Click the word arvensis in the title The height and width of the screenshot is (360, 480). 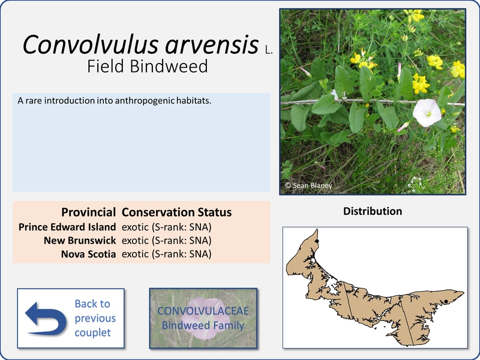(212, 44)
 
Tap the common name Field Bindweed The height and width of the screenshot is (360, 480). (147, 67)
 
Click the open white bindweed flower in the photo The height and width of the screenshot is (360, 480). (427, 113)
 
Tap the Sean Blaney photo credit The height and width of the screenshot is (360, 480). (308, 185)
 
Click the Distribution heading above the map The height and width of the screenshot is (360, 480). (373, 211)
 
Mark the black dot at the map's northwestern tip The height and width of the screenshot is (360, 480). (317, 241)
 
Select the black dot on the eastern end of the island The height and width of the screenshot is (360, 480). (446, 302)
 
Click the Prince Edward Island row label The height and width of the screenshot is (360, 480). (67, 227)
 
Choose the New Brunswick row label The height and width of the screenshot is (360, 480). (80, 241)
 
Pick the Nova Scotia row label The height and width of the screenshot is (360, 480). (88, 254)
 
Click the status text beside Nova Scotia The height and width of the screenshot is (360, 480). (167, 254)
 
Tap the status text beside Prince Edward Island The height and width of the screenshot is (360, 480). (167, 227)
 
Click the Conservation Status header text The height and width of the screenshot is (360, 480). (176, 212)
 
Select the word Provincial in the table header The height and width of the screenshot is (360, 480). (88, 212)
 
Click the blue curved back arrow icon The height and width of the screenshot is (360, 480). (46, 319)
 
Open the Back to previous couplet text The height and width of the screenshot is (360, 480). (95, 318)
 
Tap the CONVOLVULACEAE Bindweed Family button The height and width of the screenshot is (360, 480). (203, 318)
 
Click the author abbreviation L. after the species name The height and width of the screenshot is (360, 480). (269, 50)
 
